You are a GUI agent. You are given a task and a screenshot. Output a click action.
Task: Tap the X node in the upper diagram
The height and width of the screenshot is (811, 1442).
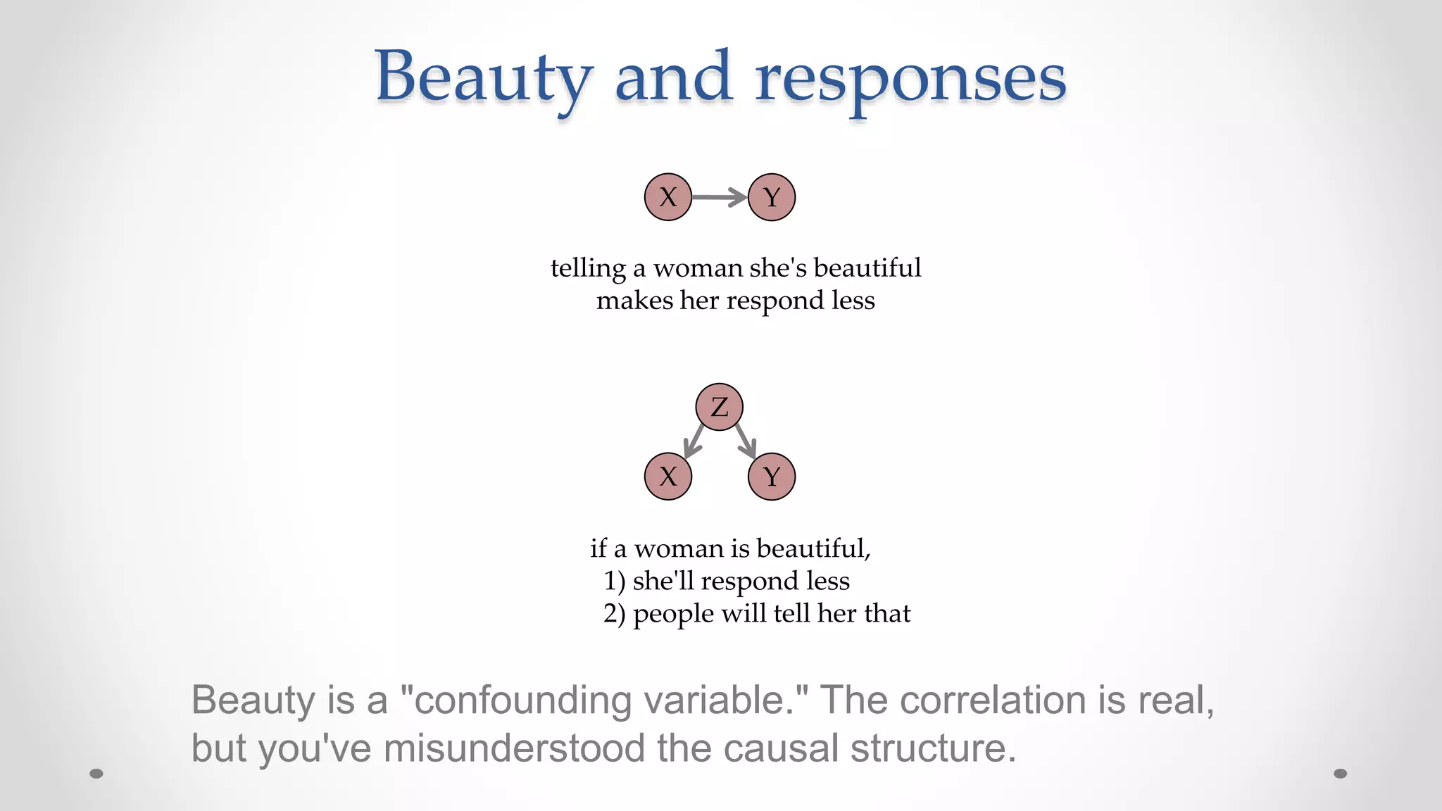pyautogui.click(x=668, y=197)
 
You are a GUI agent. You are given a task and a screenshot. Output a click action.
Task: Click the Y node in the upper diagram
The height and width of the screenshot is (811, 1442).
pyautogui.click(x=772, y=197)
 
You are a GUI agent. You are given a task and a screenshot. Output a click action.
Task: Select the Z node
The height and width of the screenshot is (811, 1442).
pyautogui.click(x=719, y=407)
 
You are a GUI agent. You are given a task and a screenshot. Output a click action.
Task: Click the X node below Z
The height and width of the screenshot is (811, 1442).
pyautogui.click(x=668, y=477)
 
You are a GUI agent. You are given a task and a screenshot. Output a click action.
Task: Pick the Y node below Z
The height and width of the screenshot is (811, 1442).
pyautogui.click(x=772, y=477)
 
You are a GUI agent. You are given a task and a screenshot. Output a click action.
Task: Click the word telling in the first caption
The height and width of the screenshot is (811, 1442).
pyautogui.click(x=588, y=269)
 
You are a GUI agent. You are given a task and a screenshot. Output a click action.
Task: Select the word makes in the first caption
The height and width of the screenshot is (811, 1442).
pyautogui.click(x=634, y=301)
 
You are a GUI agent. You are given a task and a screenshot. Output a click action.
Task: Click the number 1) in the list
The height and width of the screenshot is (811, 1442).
pyautogui.click(x=615, y=581)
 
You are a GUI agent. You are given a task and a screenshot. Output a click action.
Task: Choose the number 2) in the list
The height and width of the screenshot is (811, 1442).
pyautogui.click(x=615, y=614)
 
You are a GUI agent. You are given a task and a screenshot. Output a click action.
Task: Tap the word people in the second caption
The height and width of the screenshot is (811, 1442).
pyautogui.click(x=673, y=614)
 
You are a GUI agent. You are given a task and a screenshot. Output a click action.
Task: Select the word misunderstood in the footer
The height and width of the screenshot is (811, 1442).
pyautogui.click(x=514, y=748)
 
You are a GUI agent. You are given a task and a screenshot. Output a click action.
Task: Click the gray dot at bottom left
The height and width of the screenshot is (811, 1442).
pyautogui.click(x=96, y=774)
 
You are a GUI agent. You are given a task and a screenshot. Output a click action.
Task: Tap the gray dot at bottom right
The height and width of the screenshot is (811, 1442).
pyautogui.click(x=1341, y=774)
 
